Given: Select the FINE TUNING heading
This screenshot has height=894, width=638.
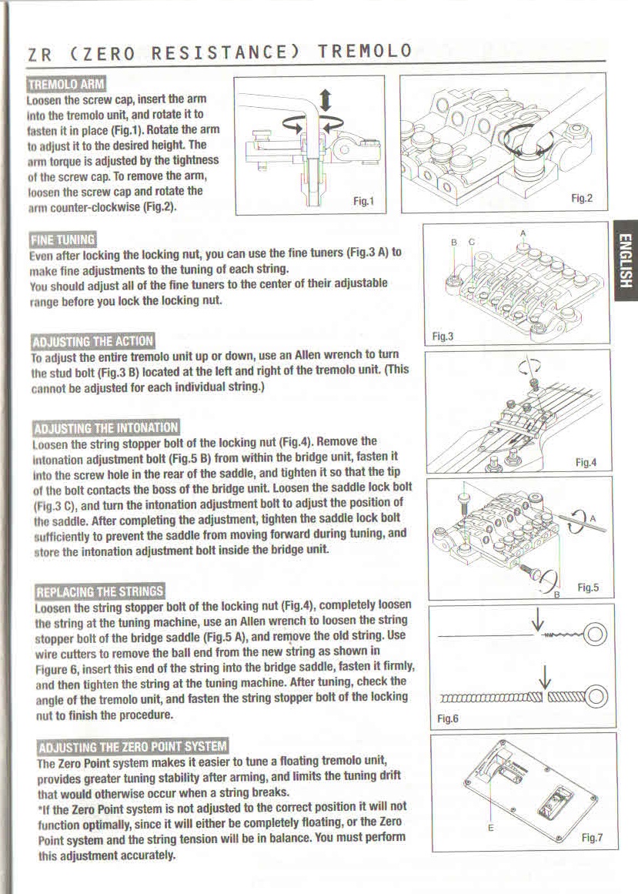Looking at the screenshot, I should pos(62,239).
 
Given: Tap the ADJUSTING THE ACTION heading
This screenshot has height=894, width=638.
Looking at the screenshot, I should pos(92,341).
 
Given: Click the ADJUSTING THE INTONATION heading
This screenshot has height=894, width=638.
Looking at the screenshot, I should pos(105,427).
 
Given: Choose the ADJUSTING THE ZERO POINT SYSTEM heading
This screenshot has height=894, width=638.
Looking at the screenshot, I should pos(132,745).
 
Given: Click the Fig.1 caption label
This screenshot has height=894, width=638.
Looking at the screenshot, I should pos(362,202).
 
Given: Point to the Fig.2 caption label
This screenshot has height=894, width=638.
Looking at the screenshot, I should pos(581,199).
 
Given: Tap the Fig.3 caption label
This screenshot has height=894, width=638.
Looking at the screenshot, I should pos(443,336).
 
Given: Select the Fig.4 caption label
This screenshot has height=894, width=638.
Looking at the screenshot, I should pos(588,463).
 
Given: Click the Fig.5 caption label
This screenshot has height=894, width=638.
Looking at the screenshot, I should pos(588,588).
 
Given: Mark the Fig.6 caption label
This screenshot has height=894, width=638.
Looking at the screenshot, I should pos(448,718).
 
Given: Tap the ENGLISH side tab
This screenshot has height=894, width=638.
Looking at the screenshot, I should pos(625,261).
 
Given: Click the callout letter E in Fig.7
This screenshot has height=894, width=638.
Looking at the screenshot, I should pos(490,828).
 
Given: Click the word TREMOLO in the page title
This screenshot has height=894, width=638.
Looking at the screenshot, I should pos(365,52).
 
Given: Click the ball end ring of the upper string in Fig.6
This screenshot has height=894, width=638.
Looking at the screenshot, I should pos(597,636).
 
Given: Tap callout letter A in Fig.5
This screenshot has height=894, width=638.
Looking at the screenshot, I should pos(593,518).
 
